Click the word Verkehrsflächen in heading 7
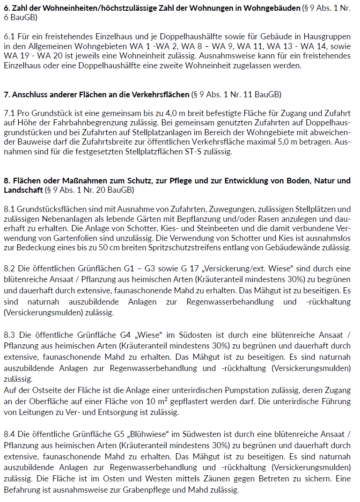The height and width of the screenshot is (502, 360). pyautogui.click(x=162, y=95)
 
